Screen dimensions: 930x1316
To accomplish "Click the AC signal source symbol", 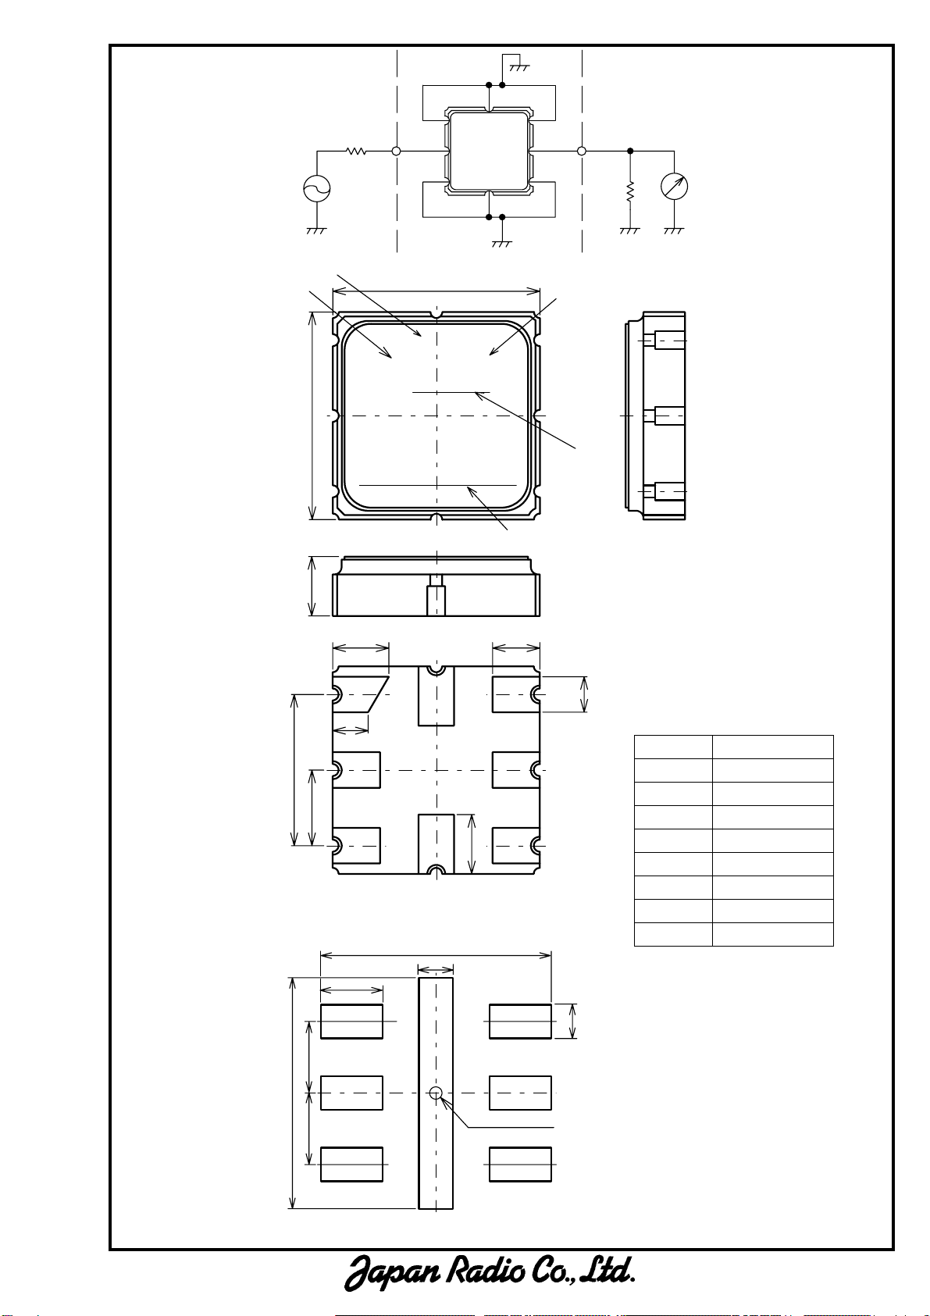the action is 316,188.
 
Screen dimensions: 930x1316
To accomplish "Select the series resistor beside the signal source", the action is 356,151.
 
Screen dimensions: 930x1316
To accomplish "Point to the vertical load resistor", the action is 630,192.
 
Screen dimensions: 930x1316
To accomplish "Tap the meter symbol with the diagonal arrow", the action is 674,187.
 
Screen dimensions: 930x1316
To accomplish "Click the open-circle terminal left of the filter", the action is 396,151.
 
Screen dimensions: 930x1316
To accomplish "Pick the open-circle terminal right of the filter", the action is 582,151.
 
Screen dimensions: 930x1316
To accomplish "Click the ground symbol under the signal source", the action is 316,231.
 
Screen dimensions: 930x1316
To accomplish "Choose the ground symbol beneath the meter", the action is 674,231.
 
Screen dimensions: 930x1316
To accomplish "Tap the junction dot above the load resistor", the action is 630,151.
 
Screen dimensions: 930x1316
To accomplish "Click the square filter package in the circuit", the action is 489,151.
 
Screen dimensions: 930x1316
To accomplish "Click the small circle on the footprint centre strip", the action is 436,1093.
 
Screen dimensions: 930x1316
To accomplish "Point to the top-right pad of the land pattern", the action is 520,1021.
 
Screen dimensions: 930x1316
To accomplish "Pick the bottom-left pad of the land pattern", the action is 351,1164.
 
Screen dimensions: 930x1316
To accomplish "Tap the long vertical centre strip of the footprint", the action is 436,1093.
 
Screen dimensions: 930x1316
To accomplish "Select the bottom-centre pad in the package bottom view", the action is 436,843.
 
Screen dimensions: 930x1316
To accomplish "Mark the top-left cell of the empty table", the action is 673,747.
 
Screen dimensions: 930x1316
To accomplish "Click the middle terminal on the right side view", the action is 665,416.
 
